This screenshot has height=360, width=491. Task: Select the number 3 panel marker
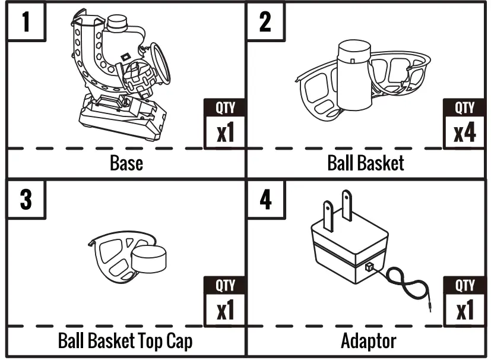click(x=26, y=199)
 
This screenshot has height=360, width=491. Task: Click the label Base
click(x=126, y=163)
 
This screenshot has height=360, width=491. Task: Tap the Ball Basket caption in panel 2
click(x=366, y=163)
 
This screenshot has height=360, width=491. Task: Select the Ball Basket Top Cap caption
click(x=125, y=341)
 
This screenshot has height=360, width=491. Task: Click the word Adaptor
click(x=368, y=341)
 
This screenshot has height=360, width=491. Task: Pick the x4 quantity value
click(x=465, y=132)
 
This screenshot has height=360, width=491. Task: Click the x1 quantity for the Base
click(x=225, y=132)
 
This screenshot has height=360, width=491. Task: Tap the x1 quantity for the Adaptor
click(x=465, y=310)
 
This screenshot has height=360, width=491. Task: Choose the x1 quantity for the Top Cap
click(x=225, y=310)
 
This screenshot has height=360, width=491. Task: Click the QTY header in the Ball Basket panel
click(x=465, y=108)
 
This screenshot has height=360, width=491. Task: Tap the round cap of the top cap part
click(x=149, y=260)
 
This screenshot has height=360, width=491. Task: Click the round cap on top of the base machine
click(x=117, y=23)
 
